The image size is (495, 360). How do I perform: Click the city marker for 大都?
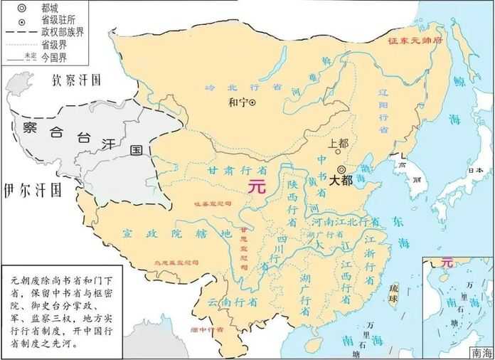(342, 169)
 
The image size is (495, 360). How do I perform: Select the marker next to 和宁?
(251, 102)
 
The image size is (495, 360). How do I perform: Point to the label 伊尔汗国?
(32, 190)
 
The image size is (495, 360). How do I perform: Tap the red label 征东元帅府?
(415, 41)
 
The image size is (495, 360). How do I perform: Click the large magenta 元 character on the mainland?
(255, 186)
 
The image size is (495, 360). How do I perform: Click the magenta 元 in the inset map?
(446, 263)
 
